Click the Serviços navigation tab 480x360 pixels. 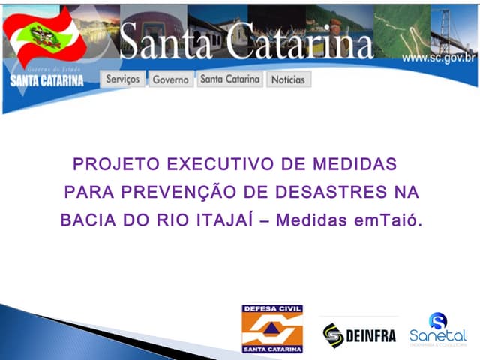pos(123,79)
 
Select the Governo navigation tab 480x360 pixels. pos(171,79)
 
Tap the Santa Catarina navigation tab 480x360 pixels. pos(229,79)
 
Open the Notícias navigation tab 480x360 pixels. pos(288,79)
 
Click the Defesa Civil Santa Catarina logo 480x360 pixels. pos(272,328)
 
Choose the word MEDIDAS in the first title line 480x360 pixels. pos(352,164)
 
